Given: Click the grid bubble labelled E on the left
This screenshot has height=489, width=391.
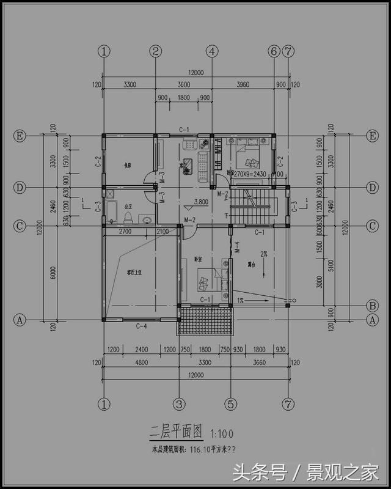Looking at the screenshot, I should click(20, 136).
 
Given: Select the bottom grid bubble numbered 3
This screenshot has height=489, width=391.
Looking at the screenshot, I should click(179, 404).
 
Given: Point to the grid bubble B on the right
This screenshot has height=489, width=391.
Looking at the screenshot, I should click(370, 305).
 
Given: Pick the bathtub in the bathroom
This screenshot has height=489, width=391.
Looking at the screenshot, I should click(111, 208).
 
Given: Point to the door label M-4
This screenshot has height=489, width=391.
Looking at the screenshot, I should click(238, 248).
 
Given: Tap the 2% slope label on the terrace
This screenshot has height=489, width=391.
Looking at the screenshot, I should click(264, 253).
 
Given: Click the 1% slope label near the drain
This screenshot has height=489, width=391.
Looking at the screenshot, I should click(241, 301).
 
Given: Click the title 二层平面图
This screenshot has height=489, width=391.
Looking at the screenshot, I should click(178, 432).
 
